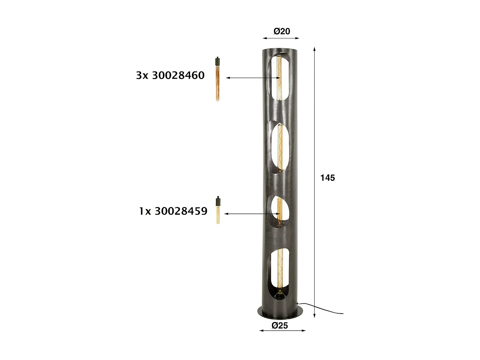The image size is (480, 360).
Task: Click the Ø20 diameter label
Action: point(282,31)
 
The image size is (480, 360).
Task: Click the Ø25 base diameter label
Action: point(280,325)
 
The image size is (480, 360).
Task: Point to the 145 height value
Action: point(328,178)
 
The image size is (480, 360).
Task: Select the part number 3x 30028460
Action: point(170,76)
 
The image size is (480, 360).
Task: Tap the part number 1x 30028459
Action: point(173,211)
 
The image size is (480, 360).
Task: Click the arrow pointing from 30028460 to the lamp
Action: point(253,78)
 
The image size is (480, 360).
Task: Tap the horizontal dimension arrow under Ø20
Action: point(281,38)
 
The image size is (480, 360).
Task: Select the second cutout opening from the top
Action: point(279,148)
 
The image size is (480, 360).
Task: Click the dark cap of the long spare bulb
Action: point(217,61)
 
